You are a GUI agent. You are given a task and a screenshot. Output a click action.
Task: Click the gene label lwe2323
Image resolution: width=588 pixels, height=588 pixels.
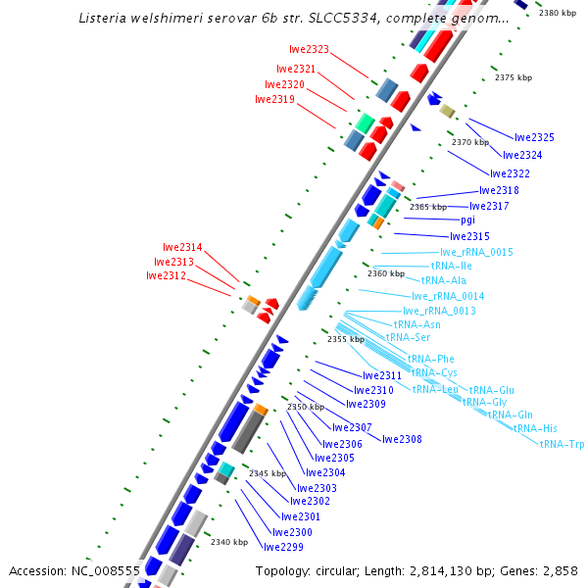309,49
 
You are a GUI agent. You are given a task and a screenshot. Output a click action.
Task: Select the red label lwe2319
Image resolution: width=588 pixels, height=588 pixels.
274,99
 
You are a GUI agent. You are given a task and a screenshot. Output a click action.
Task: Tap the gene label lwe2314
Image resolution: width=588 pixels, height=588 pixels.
182,248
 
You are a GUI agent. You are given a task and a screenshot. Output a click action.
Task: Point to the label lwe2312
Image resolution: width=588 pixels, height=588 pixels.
166,276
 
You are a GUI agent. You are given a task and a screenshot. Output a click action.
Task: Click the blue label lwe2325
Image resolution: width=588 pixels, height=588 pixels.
534,138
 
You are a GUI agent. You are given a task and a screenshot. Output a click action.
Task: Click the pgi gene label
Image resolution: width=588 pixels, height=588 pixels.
467,220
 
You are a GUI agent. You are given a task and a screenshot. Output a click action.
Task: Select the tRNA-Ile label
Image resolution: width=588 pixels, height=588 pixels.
452,266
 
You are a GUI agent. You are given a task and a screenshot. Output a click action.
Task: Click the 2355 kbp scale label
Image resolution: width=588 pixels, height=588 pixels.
346,339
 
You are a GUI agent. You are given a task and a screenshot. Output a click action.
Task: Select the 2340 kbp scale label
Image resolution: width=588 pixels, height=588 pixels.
229,542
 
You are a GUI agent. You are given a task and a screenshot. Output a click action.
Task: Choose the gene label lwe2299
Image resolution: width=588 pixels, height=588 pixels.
283,547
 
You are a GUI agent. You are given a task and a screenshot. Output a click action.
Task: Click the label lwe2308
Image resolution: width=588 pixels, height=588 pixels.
402,439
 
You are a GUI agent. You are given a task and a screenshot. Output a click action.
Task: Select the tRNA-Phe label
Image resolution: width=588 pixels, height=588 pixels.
431,359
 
